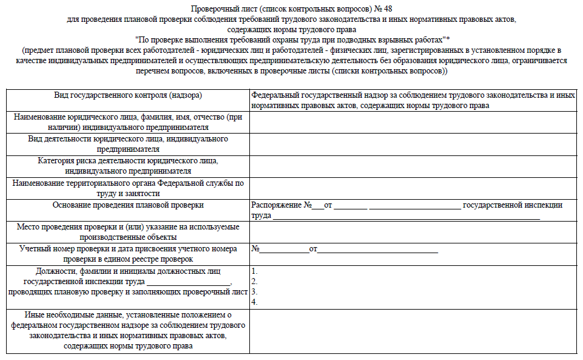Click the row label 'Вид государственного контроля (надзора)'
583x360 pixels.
coord(128,95)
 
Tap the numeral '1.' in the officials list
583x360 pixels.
coord(255,271)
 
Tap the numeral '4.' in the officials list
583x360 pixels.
coord(255,302)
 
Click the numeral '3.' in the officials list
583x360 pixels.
coord(255,291)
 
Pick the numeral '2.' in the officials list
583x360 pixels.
coord(255,282)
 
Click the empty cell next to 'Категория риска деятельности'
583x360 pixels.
coord(413,166)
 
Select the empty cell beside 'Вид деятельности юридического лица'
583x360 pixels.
coord(413,144)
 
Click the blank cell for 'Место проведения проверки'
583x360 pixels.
coord(413,231)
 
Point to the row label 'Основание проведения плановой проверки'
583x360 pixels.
coord(128,205)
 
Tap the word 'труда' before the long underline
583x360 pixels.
coord(261,216)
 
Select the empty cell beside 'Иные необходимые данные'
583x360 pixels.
coord(413,331)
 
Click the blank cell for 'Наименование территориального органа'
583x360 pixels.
coord(413,188)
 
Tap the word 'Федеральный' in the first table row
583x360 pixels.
coord(275,95)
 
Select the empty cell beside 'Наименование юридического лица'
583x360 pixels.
coord(413,122)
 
